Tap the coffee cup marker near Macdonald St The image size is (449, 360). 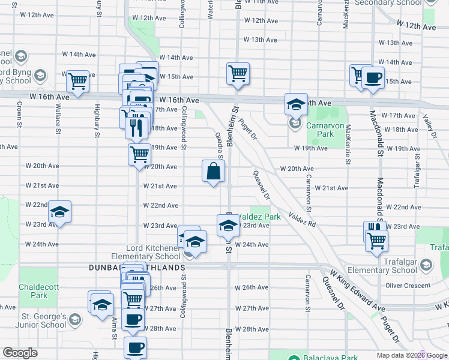[x=373, y=78]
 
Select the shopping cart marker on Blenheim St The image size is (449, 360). [x=238, y=74]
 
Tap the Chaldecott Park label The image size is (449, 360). [x=39, y=292]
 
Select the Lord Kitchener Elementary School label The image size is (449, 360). [x=154, y=252]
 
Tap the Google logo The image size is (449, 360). [x=20, y=353]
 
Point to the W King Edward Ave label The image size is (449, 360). [x=357, y=292]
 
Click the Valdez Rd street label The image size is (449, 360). [x=301, y=218]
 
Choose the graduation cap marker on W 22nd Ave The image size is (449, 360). [x=59, y=212]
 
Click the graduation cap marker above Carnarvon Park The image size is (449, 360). [x=296, y=105]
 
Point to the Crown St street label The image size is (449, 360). [x=20, y=114]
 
